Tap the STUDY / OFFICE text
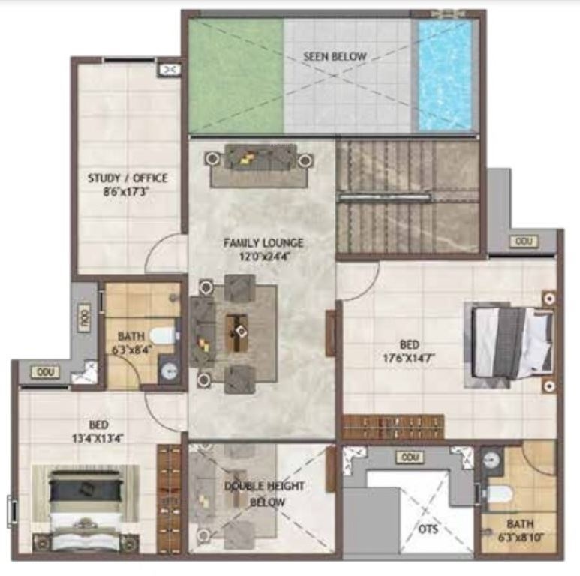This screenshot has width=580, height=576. click(127, 178)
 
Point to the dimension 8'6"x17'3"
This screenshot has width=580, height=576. click(127, 191)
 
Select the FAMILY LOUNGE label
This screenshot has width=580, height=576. click(263, 243)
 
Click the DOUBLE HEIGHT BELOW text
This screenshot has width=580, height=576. click(266, 494)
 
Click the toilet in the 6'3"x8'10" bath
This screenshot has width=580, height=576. click(500, 493)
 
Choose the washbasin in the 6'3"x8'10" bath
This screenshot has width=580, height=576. click(492, 460)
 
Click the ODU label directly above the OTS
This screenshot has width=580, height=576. click(409, 457)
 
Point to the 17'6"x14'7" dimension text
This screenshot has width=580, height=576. click(409, 357)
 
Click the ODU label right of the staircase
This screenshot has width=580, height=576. click(521, 241)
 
